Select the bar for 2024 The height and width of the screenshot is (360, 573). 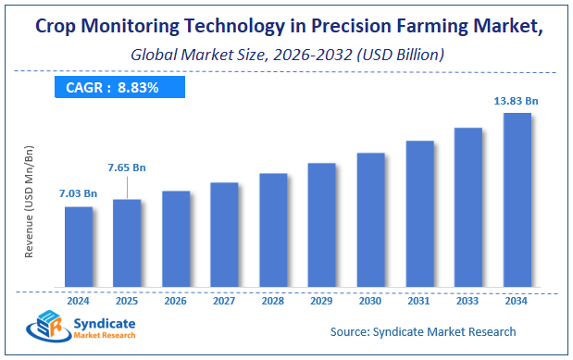79,246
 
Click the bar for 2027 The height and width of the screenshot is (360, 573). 224,234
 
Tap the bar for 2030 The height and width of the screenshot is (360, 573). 370,219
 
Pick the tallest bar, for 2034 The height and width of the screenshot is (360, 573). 517,199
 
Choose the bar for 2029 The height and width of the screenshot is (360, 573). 321,224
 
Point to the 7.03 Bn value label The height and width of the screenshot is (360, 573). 79,194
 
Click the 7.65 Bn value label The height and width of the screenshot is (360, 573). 127,168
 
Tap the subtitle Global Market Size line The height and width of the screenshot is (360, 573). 287,55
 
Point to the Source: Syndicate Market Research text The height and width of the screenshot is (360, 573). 423,330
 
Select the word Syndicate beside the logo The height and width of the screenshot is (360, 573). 105,321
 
